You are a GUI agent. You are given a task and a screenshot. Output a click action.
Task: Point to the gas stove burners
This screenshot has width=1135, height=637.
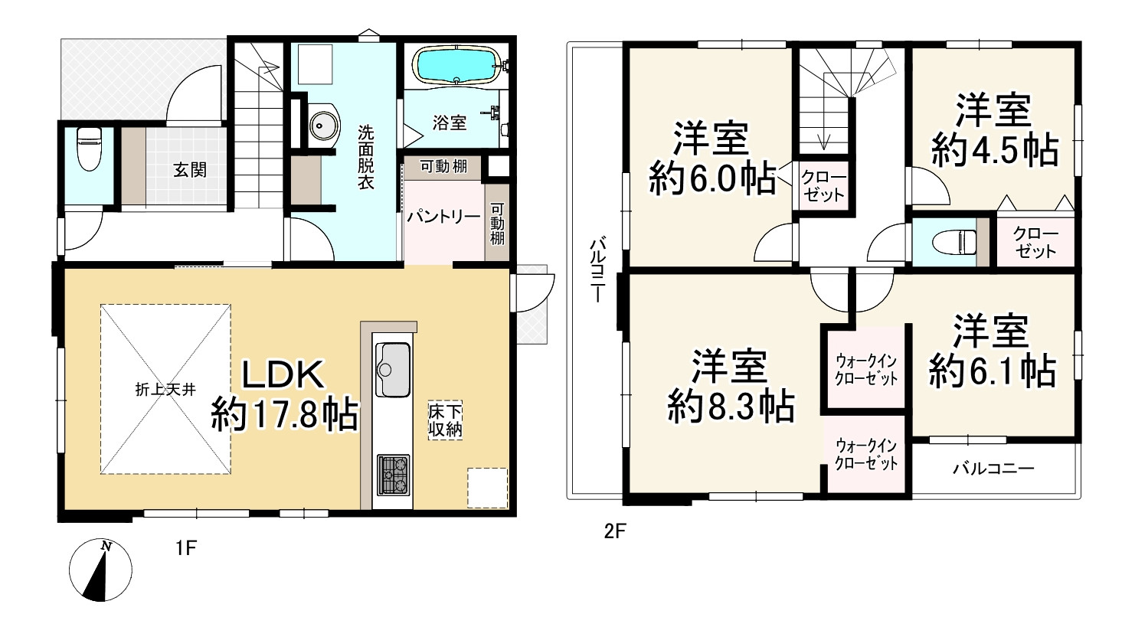[x=393, y=475]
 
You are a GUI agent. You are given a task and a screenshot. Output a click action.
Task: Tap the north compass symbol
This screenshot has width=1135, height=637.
[x=100, y=570]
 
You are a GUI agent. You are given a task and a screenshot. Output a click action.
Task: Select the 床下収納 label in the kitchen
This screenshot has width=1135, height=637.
[x=445, y=420]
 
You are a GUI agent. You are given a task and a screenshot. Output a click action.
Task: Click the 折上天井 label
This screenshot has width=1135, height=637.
[x=165, y=389]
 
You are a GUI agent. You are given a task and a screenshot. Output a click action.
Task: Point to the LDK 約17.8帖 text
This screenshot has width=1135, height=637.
[x=284, y=395]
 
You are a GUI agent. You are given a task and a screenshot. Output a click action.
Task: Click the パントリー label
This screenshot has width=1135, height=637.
[x=443, y=217]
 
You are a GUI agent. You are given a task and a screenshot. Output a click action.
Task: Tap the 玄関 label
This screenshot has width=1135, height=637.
[x=188, y=170]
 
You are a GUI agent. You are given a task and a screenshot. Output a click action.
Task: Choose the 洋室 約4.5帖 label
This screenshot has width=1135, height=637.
[x=994, y=131]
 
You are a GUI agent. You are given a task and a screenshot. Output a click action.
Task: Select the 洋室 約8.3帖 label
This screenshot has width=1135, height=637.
[x=730, y=386]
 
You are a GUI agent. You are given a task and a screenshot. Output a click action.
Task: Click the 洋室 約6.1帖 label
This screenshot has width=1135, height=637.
[x=993, y=351]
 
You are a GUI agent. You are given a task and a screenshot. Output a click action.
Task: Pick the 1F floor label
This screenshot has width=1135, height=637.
[x=186, y=548]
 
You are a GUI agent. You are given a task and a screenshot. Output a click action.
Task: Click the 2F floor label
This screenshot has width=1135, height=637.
[x=615, y=531]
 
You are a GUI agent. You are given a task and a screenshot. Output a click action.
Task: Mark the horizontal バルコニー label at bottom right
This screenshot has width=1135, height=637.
[x=993, y=468]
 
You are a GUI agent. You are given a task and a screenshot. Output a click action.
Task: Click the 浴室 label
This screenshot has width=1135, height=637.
[x=450, y=122]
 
